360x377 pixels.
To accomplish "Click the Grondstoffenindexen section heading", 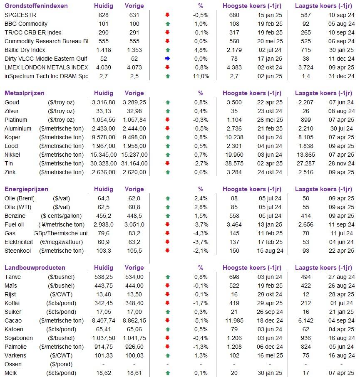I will pyautogui.click(x=36, y=6).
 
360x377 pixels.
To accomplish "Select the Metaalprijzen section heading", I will pyautogui.click(x=24, y=93).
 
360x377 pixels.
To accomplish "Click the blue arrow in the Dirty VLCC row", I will pyautogui.click(x=168, y=59).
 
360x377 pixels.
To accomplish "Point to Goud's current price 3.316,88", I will pyautogui.click(x=103, y=102).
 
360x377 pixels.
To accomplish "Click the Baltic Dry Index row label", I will pyautogui.click(x=25, y=50).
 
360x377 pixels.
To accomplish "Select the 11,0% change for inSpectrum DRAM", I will pyautogui.click(x=201, y=76).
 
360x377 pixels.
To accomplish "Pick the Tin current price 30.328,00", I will pyautogui.click(x=103, y=163).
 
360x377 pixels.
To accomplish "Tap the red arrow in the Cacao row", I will pyautogui.click(x=168, y=320).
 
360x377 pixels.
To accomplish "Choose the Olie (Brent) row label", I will pyautogui.click(x=19, y=198).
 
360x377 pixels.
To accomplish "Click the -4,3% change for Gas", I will pyautogui.click(x=201, y=233).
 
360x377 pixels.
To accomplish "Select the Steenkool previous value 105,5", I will pyautogui.click(x=134, y=251).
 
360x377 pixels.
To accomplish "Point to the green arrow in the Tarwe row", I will pyautogui.click(x=168, y=277).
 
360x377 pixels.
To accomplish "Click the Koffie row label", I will pyautogui.click(x=12, y=303).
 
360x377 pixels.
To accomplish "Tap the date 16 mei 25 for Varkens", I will pyautogui.click(x=270, y=355).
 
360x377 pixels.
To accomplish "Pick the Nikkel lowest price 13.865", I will pyautogui.click(x=306, y=155).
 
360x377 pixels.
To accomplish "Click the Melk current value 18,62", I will pyautogui.click(x=103, y=373).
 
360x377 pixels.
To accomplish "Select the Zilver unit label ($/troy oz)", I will pyautogui.click(x=62, y=111).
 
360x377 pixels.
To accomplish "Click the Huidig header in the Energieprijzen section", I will pyautogui.click(x=103, y=189).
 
